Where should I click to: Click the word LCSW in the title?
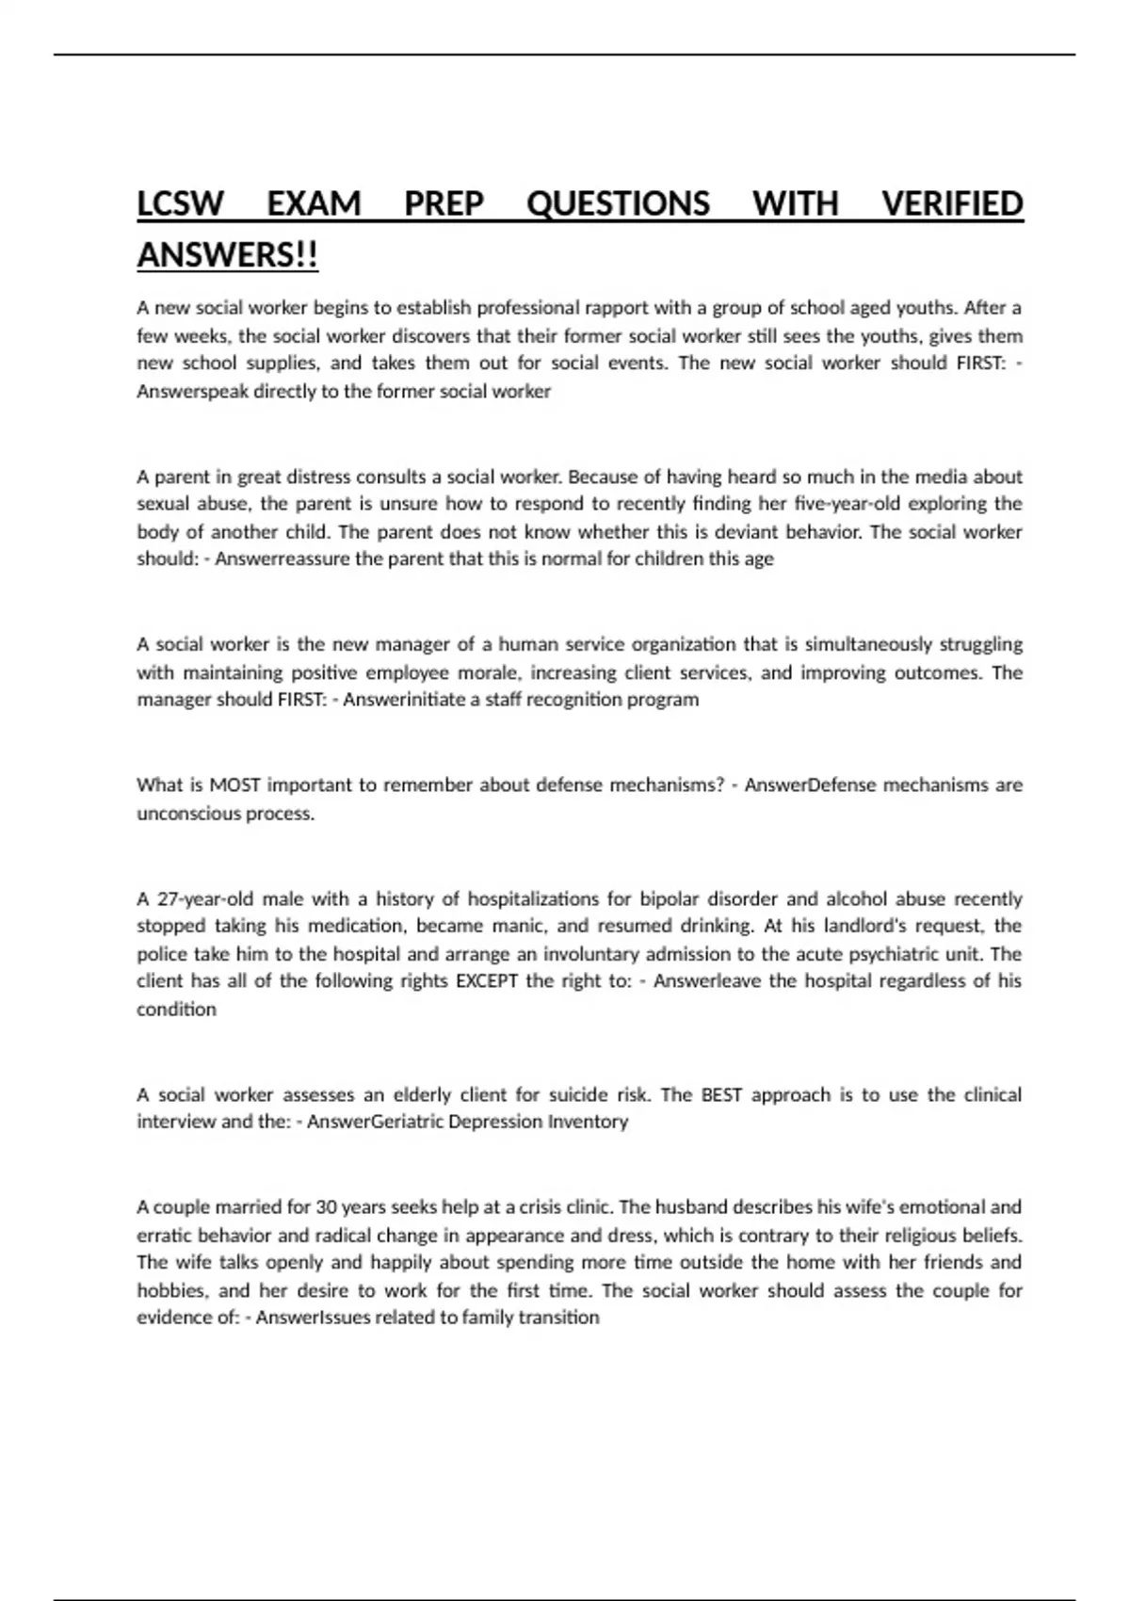[x=181, y=203]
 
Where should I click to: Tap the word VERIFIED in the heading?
[x=952, y=203]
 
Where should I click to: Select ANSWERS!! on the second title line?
[x=228, y=255]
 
